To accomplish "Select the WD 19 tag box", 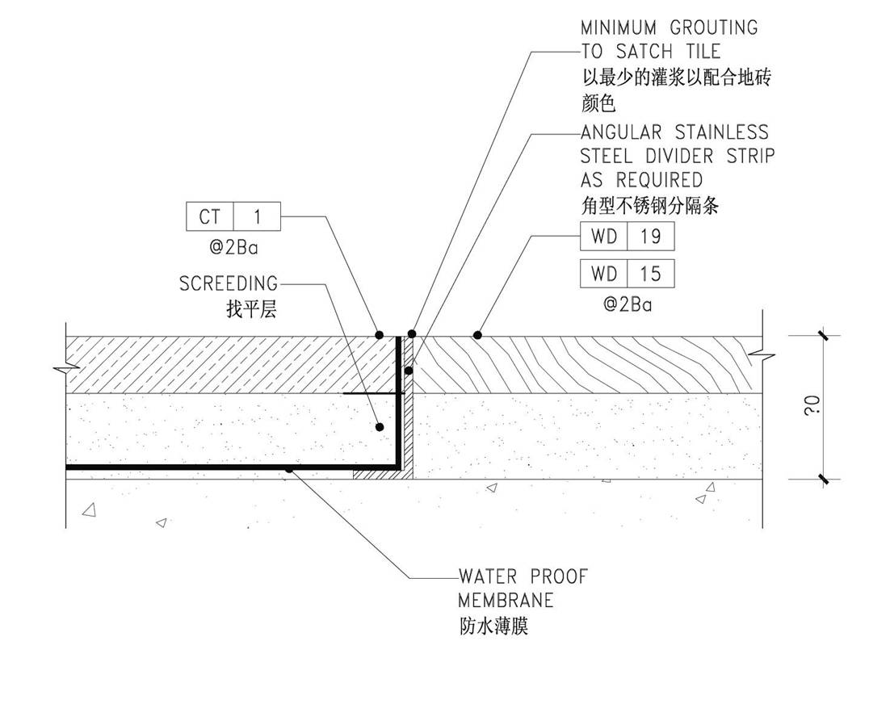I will (627, 236).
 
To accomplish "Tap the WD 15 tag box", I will (627, 274).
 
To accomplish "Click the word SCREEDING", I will (229, 284).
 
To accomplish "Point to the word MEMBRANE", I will (506, 601).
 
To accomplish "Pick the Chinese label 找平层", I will (252, 308).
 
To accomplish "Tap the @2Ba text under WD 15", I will (628, 304).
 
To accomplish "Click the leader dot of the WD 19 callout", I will (478, 334).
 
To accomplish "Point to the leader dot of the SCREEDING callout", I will (379, 426).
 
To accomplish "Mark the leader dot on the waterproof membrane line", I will (288, 467).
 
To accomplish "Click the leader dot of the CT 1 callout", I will (378, 334).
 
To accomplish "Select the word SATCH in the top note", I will (644, 52).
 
